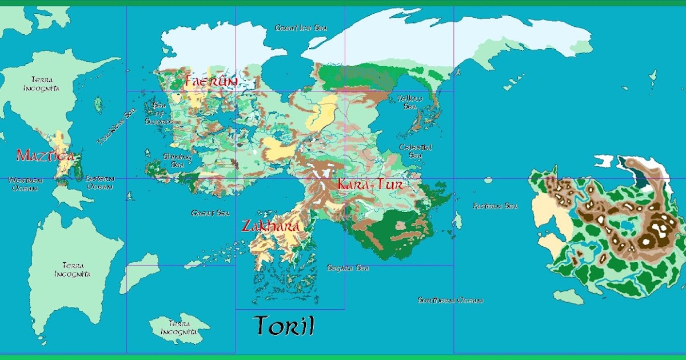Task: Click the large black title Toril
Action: coord(284,326)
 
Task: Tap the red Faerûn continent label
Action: coord(210,82)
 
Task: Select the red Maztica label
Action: coord(45,155)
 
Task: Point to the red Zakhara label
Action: coord(270,226)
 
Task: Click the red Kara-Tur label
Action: coord(370,185)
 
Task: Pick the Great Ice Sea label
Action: coord(301,27)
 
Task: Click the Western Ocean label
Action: coord(25,183)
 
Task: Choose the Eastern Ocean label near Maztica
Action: coord(100,182)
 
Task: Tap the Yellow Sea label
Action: coord(410,102)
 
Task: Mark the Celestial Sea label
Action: coord(416,151)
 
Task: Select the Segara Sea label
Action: coord(348,267)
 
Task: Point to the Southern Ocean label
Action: coord(450,300)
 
